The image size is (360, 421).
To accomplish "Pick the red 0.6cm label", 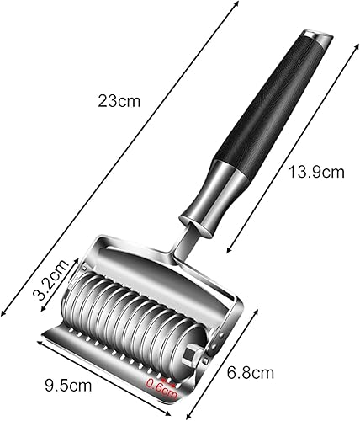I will click(162, 387).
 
